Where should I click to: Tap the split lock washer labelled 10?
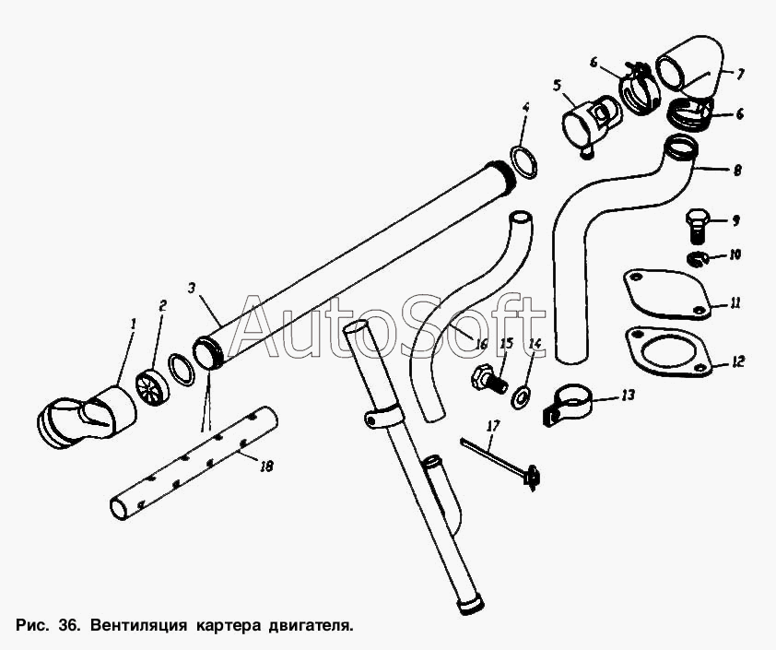[x=699, y=256]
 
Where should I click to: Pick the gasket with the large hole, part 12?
[x=667, y=351]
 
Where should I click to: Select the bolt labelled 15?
[x=486, y=377]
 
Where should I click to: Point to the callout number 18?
[x=266, y=467]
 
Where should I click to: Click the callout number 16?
[x=480, y=343]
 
